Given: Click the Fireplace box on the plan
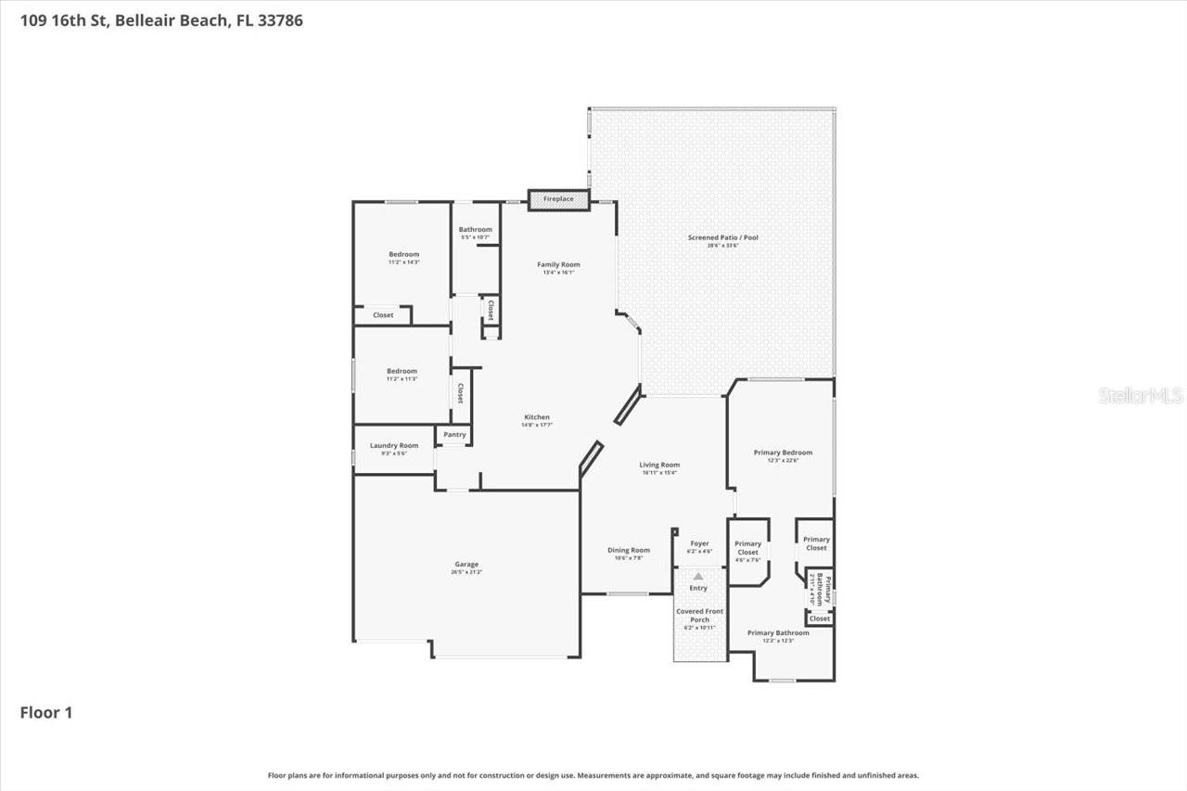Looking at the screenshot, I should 558,199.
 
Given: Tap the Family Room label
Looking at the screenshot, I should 558,265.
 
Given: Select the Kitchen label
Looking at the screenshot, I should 537,417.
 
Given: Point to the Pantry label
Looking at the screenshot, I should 454,435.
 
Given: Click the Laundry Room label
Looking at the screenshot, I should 394,446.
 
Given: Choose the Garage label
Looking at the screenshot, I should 466,565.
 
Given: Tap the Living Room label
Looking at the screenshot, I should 659,466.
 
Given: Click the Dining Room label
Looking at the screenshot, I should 628,551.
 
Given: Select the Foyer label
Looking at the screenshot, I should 699,544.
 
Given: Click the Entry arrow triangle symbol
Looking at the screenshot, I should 698,576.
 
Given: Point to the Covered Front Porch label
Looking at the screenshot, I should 699,616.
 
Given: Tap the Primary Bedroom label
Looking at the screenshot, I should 783,453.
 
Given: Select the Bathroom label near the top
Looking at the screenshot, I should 475,230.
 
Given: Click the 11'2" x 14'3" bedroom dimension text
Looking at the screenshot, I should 403,262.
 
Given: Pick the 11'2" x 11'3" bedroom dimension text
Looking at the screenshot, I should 402,379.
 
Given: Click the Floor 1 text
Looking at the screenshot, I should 46,713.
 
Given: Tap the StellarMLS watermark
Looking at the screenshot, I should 1141,396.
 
